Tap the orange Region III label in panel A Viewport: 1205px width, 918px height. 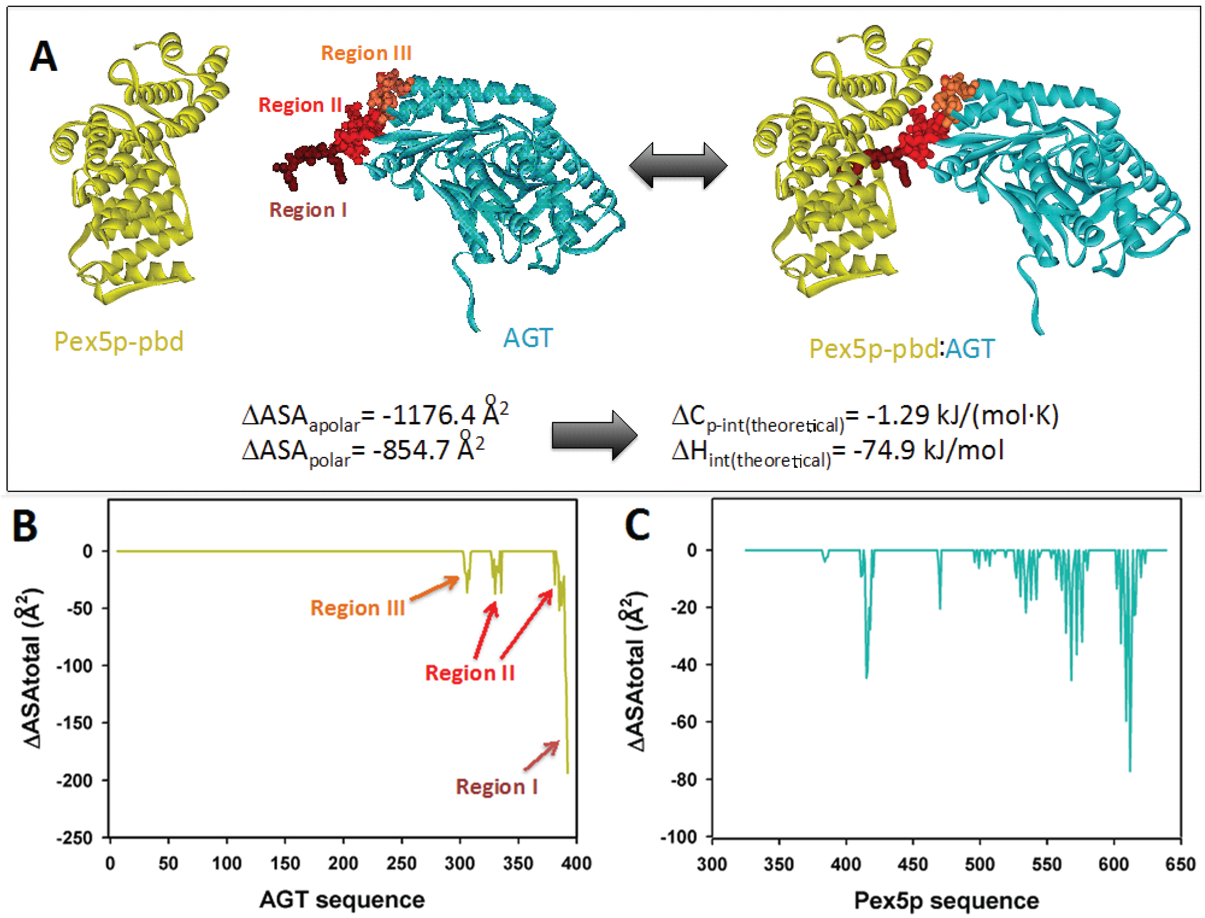pyautogui.click(x=366, y=53)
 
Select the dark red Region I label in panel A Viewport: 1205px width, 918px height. pyautogui.click(x=308, y=210)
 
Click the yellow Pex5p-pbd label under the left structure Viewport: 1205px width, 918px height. pyautogui.click(x=119, y=342)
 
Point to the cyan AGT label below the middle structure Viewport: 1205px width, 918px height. pyautogui.click(x=528, y=338)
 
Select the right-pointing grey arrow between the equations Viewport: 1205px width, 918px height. pyautogui.click(x=594, y=436)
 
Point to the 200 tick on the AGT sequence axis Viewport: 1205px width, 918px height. pyautogui.click(x=343, y=863)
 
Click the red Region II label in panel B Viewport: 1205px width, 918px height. pyautogui.click(x=470, y=673)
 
